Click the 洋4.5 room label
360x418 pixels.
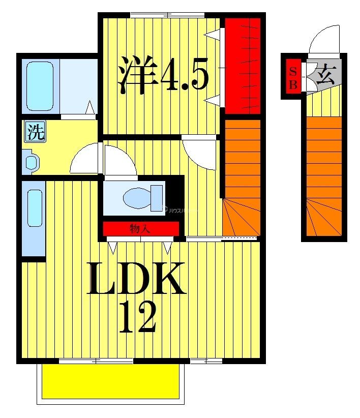point(163,75)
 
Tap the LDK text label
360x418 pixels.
point(136,279)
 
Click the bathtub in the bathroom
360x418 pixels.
point(40,86)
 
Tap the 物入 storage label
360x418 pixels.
point(139,229)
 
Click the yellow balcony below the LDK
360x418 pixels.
point(111,381)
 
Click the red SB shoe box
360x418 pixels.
point(293,77)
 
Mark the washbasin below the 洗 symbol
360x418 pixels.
point(32,162)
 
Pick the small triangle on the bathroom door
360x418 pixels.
point(90,108)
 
